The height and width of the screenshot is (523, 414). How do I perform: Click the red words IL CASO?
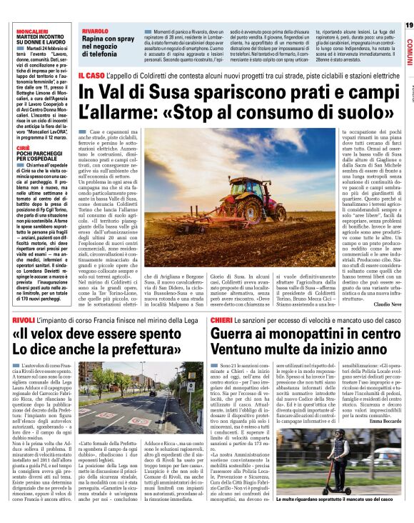tap(92, 75)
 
